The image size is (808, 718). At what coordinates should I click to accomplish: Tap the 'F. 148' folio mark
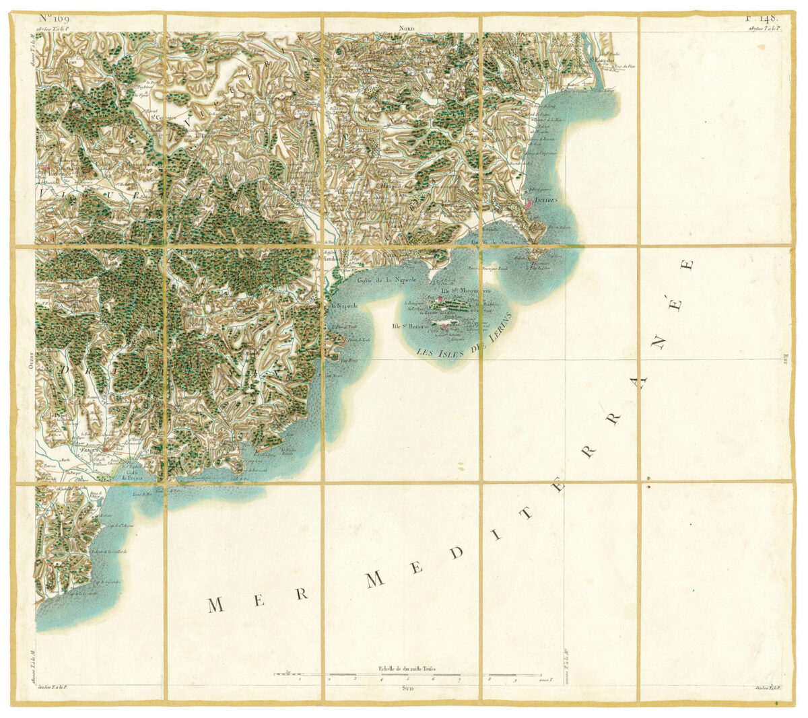point(761,19)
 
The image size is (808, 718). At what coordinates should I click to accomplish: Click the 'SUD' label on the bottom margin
point(407,688)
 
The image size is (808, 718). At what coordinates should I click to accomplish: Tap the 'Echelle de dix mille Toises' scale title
point(407,668)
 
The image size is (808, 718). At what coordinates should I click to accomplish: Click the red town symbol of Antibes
point(530,201)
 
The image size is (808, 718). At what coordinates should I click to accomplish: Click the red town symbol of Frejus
point(105,449)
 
